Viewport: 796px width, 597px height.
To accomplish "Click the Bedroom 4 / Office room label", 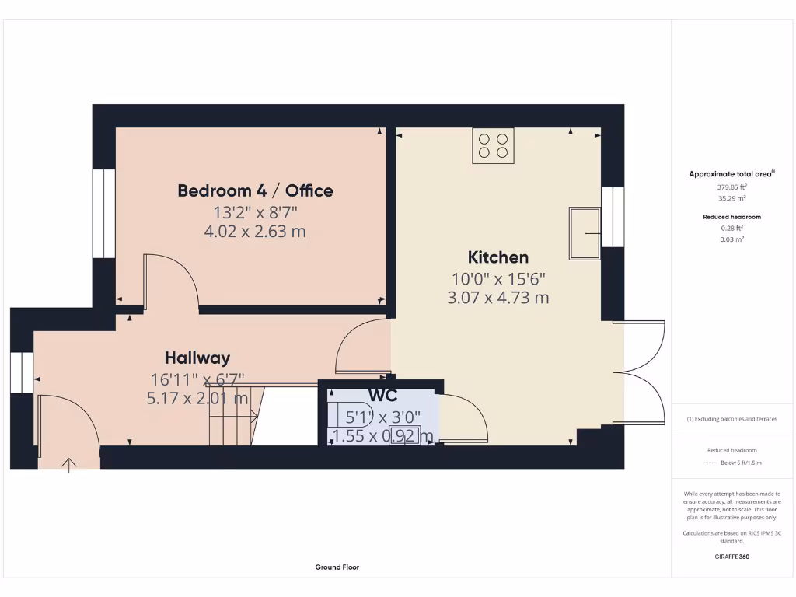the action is [255, 190].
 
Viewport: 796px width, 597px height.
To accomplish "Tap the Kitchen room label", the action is [497, 257].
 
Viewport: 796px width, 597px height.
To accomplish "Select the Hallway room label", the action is [197, 358].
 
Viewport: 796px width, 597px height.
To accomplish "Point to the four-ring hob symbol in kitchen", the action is [493, 145].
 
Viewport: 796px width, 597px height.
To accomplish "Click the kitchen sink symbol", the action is [585, 232].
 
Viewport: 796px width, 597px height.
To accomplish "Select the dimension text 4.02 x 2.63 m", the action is [255, 231].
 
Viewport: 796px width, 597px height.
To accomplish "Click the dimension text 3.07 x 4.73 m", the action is [497, 297].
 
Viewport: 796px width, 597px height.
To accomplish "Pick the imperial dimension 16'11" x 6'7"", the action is [197, 379].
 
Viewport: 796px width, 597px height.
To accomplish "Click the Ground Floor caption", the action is [337, 567].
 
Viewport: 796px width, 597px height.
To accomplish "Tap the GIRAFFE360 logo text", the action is [732, 557].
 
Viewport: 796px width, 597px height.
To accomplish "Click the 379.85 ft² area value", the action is [732, 187].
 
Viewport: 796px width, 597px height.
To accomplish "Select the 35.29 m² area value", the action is [732, 198].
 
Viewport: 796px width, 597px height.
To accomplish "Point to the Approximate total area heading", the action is [731, 174].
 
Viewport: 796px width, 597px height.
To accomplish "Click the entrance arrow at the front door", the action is [69, 464].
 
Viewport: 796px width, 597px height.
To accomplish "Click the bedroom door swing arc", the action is [177, 280].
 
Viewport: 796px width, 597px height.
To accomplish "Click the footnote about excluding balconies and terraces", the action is [732, 419].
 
